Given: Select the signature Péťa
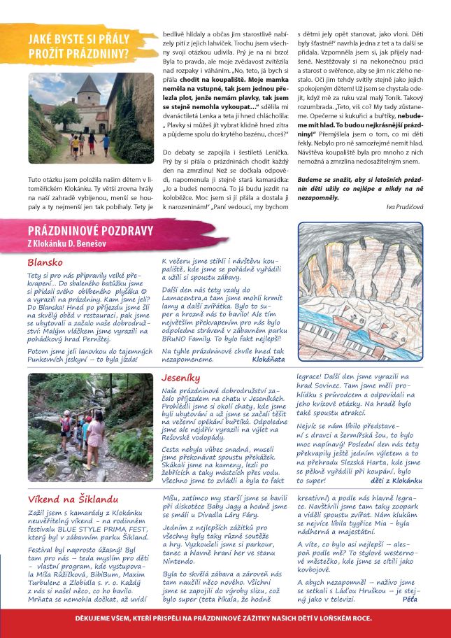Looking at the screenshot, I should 410,598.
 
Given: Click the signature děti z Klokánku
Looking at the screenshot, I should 396,481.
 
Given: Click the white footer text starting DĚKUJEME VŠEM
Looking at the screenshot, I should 225,618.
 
